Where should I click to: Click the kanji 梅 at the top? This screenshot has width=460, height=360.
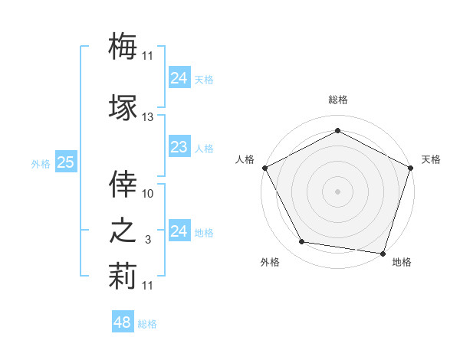click(123, 45)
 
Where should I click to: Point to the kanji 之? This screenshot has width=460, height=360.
click(123, 231)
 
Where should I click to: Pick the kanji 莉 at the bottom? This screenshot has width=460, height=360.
click(123, 277)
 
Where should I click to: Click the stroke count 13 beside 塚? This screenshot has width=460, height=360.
click(148, 117)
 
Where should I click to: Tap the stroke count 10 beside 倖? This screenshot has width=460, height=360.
click(148, 194)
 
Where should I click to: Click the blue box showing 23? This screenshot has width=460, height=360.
click(179, 147)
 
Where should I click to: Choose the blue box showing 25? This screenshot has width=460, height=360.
click(65, 162)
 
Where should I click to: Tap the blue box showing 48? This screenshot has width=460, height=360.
click(122, 323)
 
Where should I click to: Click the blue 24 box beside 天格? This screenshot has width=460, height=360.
click(179, 78)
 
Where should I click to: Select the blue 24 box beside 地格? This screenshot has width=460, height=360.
click(179, 231)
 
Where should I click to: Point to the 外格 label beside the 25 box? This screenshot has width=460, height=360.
click(41, 163)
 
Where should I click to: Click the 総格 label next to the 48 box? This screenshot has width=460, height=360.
click(147, 324)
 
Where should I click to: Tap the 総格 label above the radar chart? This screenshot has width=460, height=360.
click(337, 100)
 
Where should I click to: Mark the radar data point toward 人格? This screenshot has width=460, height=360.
click(264, 167)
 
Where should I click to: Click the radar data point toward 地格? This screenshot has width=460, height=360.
click(383, 253)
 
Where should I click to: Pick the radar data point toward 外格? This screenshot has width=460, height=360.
click(302, 242)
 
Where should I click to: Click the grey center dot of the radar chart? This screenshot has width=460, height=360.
click(337, 191)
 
